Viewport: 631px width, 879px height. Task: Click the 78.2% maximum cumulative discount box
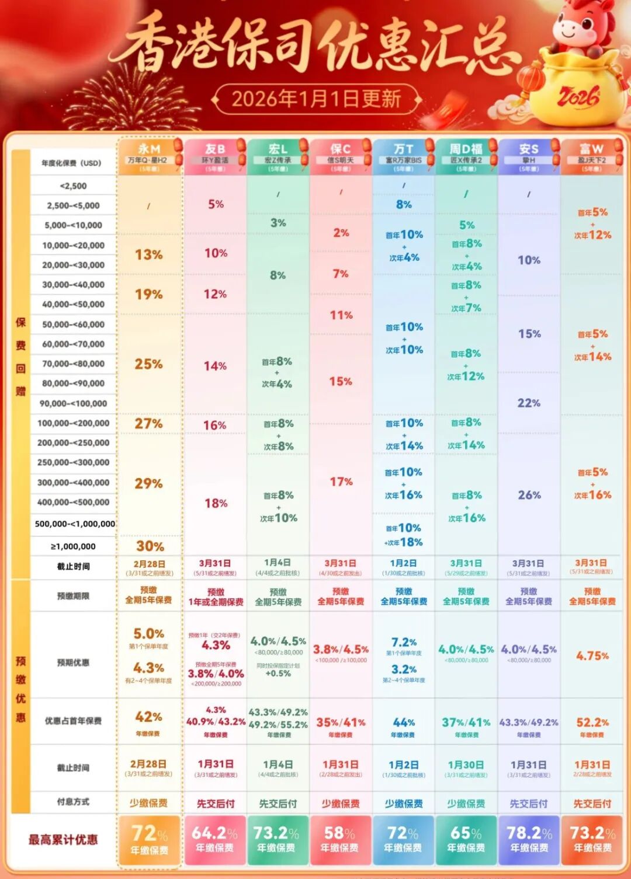pos(529,839)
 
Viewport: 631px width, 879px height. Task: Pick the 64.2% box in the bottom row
pos(215,839)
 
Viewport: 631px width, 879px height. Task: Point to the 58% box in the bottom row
pos(340,839)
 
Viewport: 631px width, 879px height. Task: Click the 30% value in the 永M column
pos(150,546)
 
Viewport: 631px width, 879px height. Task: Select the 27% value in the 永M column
pos(148,424)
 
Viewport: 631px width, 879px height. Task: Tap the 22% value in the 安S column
pos(529,403)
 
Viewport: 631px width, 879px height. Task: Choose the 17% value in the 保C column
pos(341,482)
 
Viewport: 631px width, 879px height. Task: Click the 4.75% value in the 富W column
pos(592,656)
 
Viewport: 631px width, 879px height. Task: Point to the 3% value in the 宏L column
pos(278,223)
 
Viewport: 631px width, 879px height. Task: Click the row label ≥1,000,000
pos(73,547)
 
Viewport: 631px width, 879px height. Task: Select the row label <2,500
pos(73,186)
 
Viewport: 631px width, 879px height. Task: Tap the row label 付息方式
pos(73,802)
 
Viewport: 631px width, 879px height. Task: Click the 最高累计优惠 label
pos(63,840)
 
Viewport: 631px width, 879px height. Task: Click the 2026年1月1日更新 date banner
pos(316,99)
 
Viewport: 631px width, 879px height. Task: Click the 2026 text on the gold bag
pos(578,96)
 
